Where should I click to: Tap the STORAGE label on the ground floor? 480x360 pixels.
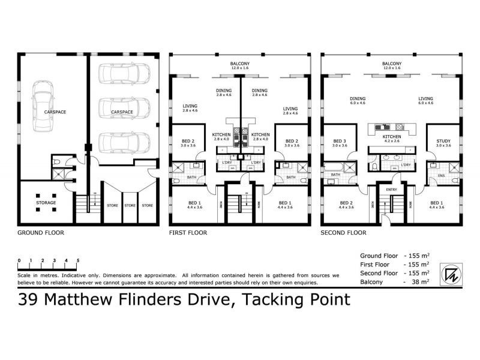(45, 203)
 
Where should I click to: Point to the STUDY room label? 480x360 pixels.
(443, 142)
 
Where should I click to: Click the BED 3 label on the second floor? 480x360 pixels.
(340, 142)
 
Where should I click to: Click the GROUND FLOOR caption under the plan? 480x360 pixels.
(41, 232)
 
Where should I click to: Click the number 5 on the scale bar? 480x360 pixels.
(78, 260)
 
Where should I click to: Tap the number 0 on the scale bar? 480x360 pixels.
(19, 260)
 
